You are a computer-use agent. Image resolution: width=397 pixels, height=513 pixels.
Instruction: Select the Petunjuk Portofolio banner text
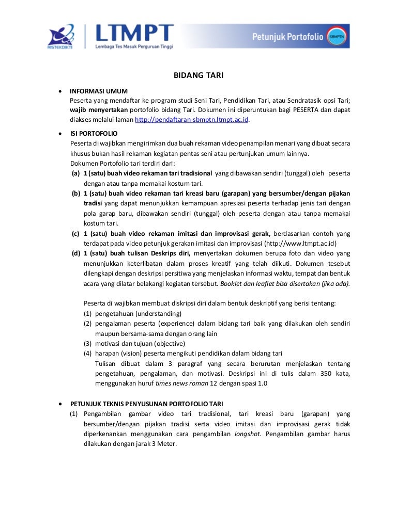(x=287, y=37)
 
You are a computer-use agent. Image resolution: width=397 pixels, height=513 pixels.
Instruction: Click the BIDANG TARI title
(x=198, y=76)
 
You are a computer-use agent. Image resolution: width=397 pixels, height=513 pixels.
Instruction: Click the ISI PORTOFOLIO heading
(x=94, y=133)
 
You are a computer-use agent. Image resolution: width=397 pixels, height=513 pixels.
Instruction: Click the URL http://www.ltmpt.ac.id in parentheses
(x=300, y=244)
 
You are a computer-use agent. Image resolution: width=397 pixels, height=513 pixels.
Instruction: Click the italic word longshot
(x=248, y=434)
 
